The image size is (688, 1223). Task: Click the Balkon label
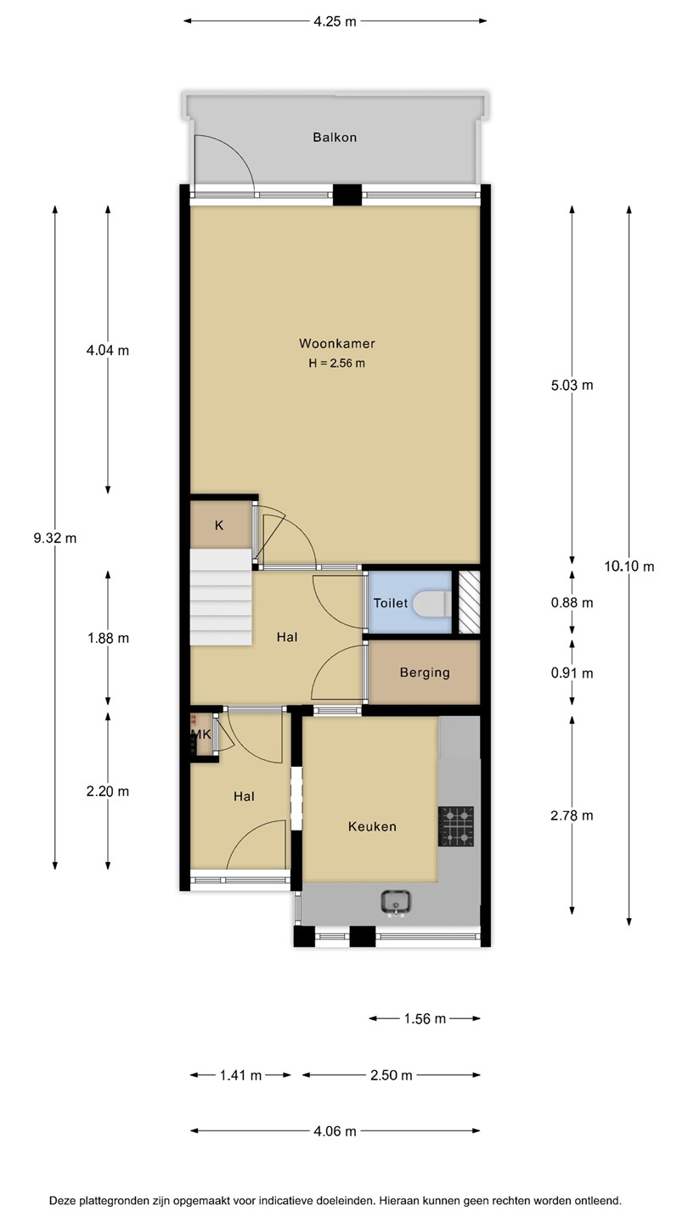click(x=335, y=137)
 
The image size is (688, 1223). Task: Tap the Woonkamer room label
click(x=337, y=343)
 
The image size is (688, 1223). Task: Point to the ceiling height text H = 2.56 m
click(x=337, y=364)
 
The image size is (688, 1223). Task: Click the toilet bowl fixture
click(x=431, y=603)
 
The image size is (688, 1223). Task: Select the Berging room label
click(x=425, y=673)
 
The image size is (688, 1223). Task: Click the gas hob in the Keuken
click(x=456, y=826)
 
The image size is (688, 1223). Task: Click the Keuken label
click(x=372, y=826)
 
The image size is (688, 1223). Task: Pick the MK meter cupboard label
click(x=201, y=735)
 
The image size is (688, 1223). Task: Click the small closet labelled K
click(x=220, y=525)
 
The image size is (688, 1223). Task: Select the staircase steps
click(x=221, y=597)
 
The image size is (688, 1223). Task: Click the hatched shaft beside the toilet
click(x=469, y=602)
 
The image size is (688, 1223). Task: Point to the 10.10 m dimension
click(x=629, y=566)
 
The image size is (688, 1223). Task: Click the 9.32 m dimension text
click(x=55, y=538)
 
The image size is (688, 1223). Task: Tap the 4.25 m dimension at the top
click(x=335, y=21)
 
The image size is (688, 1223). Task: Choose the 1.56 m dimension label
click(x=425, y=1018)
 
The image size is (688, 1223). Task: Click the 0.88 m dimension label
click(x=572, y=603)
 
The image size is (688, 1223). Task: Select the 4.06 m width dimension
click(x=335, y=1131)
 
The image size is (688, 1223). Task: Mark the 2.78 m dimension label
click(x=572, y=815)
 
